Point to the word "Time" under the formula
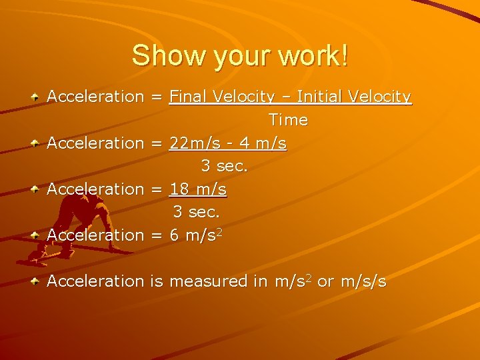point(288,120)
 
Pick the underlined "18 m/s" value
point(198,189)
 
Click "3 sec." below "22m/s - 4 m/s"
point(225,166)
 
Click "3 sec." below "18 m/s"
point(197,212)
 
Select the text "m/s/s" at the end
point(363,281)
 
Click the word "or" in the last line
point(325,281)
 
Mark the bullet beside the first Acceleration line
point(33,97)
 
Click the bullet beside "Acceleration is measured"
point(33,282)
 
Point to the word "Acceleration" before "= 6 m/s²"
point(95,235)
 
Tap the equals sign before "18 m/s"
point(157,189)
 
